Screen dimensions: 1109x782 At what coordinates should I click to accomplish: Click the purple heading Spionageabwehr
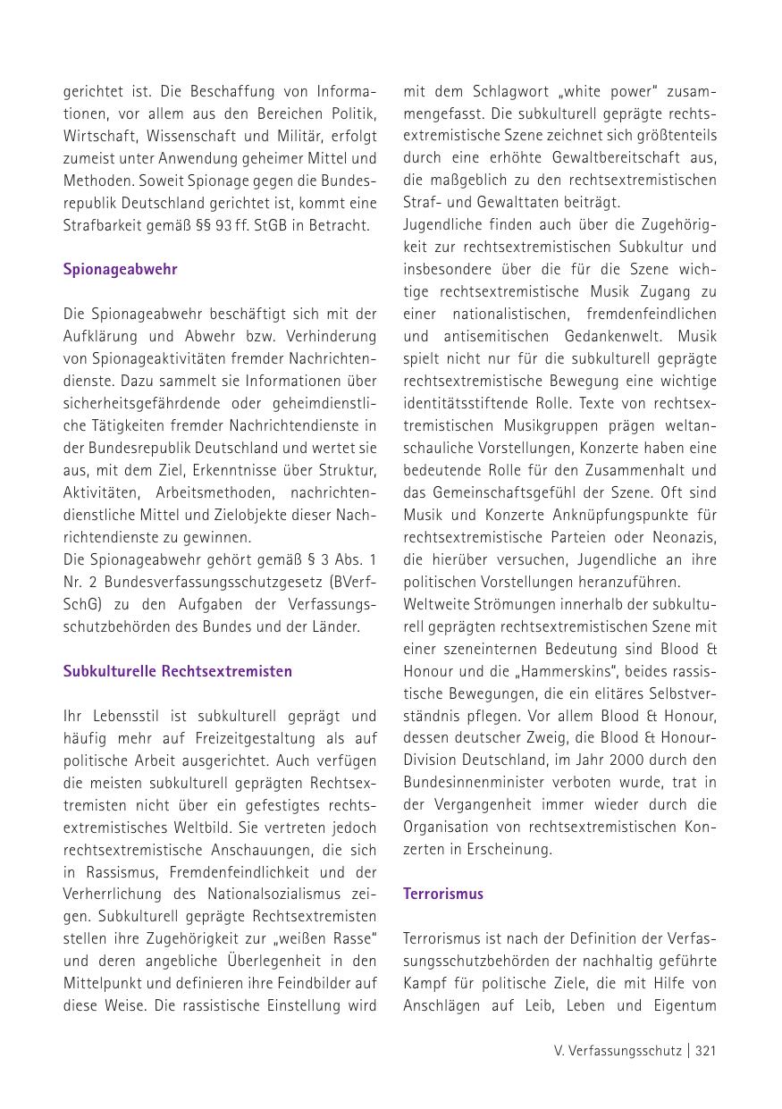point(121,269)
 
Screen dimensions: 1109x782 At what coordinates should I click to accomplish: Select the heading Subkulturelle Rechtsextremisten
point(178,671)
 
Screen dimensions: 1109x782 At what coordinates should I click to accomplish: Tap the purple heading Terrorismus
point(443,894)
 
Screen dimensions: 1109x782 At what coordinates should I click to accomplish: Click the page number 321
point(706,1051)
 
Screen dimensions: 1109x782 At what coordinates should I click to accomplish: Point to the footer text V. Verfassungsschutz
point(618,1051)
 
